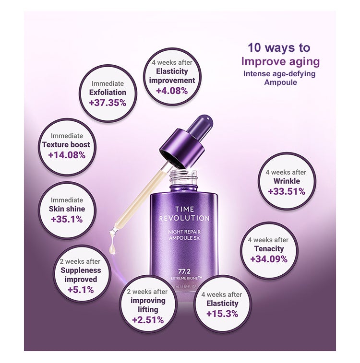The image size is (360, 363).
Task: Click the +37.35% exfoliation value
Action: click(x=108, y=103)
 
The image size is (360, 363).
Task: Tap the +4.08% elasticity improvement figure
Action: click(x=172, y=91)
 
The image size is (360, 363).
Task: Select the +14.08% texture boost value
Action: click(x=67, y=155)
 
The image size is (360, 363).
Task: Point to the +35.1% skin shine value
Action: click(x=67, y=219)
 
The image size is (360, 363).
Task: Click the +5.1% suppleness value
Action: click(x=80, y=290)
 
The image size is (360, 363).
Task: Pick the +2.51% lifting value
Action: click(x=147, y=320)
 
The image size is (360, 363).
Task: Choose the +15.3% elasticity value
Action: click(x=222, y=314)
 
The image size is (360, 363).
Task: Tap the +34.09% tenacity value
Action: click(x=269, y=259)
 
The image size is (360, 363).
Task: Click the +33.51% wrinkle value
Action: click(x=287, y=192)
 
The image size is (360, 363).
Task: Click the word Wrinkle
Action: click(x=287, y=181)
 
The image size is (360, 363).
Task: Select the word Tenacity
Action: click(x=269, y=248)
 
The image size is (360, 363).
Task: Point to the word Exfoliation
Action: click(x=108, y=92)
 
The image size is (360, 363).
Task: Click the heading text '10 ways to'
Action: click(x=279, y=48)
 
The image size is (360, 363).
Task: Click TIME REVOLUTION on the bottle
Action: click(x=184, y=213)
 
